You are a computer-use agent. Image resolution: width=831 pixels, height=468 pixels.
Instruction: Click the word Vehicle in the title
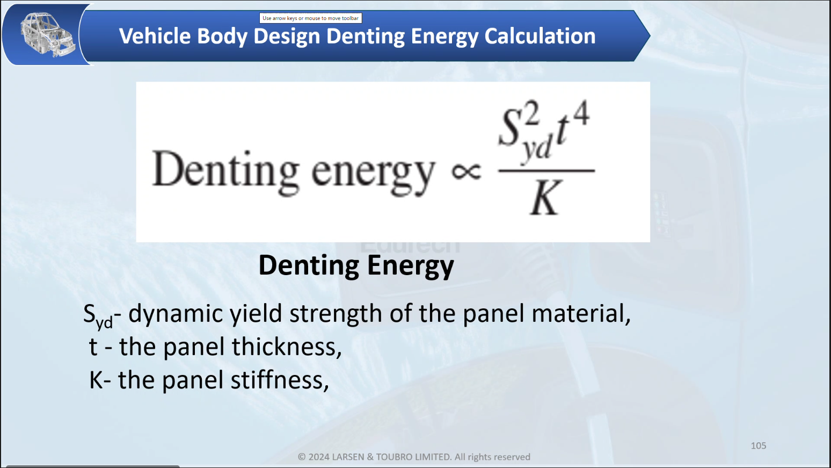coord(155,36)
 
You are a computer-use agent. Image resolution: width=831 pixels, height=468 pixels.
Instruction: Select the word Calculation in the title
coord(540,36)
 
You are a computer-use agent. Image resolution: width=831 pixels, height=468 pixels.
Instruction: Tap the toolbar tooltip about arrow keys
coord(310,18)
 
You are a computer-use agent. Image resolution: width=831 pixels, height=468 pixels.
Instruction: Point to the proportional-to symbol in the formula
coord(466,171)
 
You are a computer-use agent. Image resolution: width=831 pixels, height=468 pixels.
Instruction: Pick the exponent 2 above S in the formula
coord(531,113)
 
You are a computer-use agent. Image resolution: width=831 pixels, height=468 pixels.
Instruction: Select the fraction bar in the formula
coord(546,171)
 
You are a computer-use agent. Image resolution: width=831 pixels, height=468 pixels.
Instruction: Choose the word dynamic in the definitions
coord(176,313)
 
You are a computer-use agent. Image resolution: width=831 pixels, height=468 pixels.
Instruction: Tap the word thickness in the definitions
coord(287,347)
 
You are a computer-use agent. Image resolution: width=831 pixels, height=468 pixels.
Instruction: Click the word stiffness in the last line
coord(280,380)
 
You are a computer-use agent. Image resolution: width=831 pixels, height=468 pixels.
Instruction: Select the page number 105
coord(759,446)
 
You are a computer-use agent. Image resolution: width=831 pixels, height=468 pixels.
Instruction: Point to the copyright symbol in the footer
coord(302,457)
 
